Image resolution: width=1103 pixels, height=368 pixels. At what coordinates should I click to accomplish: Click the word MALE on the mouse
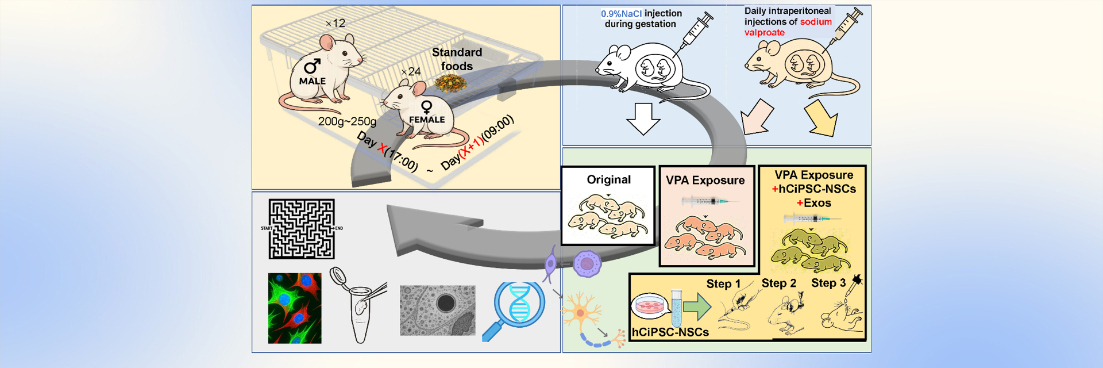tap(312, 81)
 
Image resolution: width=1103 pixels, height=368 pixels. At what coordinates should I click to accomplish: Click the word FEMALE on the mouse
tap(426, 120)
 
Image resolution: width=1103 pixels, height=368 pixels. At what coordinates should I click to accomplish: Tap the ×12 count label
tap(335, 24)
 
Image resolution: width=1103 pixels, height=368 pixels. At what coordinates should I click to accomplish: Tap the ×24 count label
tap(411, 72)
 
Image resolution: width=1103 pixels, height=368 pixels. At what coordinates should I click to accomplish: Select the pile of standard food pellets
tap(450, 84)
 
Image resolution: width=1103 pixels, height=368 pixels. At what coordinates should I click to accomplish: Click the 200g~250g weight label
tap(347, 121)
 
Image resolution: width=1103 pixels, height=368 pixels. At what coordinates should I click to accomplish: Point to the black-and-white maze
tap(302, 229)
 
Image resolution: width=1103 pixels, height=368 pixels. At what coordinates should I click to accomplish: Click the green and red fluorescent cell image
tap(295, 308)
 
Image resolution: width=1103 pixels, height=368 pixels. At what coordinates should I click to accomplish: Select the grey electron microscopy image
tap(437, 310)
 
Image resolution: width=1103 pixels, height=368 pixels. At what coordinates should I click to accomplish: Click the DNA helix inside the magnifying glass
tap(519, 303)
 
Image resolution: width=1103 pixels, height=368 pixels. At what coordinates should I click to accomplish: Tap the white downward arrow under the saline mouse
tap(643, 118)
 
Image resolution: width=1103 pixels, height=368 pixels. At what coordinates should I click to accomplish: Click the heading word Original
tap(608, 179)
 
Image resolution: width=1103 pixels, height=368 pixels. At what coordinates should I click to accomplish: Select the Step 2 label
tap(778, 283)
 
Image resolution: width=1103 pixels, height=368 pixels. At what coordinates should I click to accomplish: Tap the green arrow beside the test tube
tap(697, 306)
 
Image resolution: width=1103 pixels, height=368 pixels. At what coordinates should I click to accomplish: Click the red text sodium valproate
tap(788, 27)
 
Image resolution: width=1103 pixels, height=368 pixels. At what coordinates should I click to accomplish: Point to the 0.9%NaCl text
tap(621, 13)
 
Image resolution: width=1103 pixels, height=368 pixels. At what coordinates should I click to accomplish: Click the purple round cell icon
tap(587, 264)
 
